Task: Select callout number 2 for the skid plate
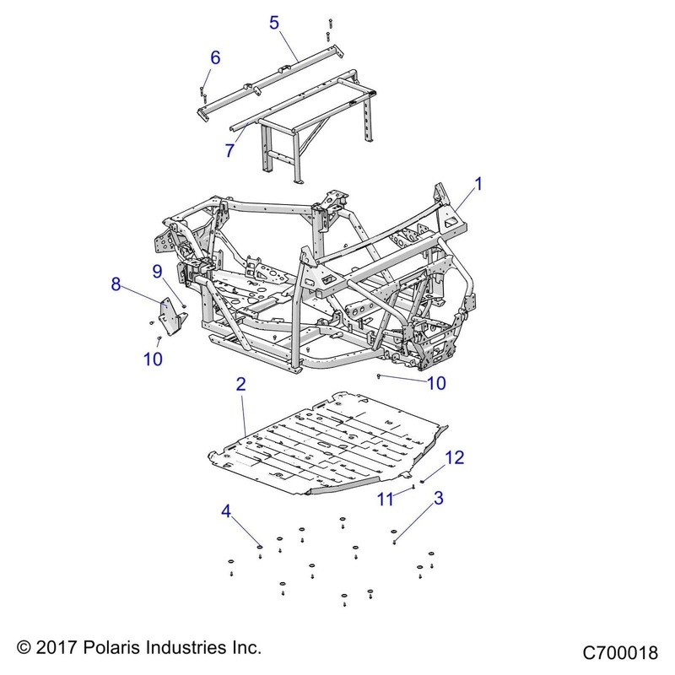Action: (240, 384)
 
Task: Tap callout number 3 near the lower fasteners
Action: (438, 498)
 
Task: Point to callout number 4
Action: (226, 511)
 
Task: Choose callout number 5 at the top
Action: (274, 22)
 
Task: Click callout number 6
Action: (215, 57)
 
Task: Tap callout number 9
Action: (157, 271)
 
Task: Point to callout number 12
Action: (454, 457)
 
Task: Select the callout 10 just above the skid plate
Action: (436, 383)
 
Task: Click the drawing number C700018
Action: (619, 653)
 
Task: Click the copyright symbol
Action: (24, 648)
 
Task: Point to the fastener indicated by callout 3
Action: (394, 533)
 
